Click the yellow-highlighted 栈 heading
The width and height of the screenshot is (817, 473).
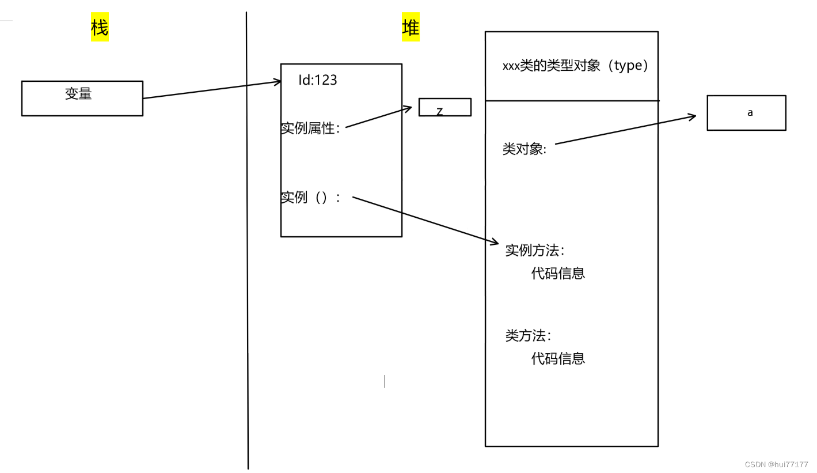pos(100,27)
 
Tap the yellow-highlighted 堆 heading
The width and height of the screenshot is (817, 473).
pos(411,27)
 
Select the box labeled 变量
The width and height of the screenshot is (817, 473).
pos(82,99)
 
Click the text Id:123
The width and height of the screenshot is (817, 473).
pos(317,80)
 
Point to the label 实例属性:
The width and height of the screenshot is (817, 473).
pos(310,128)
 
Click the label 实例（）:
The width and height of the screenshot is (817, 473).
pos(310,198)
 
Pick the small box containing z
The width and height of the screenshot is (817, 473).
pos(444,107)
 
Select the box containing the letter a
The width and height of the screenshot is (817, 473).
pos(746,113)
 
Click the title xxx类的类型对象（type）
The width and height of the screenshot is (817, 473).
pos(576,66)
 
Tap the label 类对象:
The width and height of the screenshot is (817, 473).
pos(524,149)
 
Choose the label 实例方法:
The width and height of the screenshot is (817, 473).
pos(535,251)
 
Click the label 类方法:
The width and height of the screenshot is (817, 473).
pos(528,336)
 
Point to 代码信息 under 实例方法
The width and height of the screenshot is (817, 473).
pos(558,273)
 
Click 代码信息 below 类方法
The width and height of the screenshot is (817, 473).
pos(558,358)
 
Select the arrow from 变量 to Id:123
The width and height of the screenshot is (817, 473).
pos(212,90)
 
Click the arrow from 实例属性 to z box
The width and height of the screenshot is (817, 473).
pos(379,117)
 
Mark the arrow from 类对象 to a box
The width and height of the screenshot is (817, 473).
pos(625,130)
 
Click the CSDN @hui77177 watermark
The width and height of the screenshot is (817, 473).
pos(776,464)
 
